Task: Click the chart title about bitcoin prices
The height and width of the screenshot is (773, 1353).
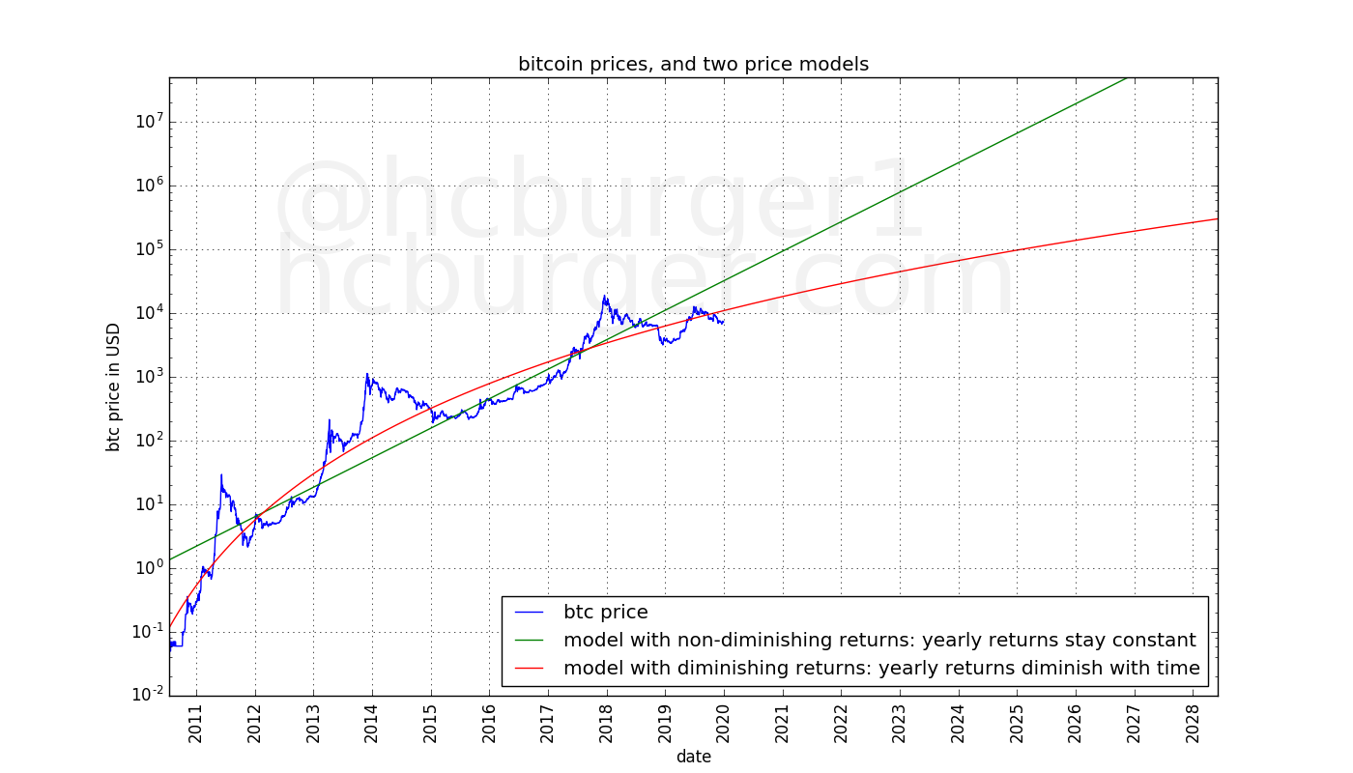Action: pyautogui.click(x=693, y=65)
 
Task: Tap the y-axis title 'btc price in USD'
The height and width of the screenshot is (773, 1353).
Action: pyautogui.click(x=114, y=387)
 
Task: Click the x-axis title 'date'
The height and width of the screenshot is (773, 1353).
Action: pyautogui.click(x=693, y=757)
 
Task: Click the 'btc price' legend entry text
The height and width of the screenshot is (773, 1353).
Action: pyautogui.click(x=605, y=613)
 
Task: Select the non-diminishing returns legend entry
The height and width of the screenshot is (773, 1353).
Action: pyautogui.click(x=879, y=640)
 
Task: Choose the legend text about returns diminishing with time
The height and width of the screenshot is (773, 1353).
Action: pyautogui.click(x=881, y=668)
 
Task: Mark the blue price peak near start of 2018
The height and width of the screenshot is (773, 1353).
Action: pyautogui.click(x=605, y=297)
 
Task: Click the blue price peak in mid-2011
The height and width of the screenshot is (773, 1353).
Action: pyautogui.click(x=221, y=475)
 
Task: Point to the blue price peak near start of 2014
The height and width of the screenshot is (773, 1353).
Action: pyautogui.click(x=367, y=374)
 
